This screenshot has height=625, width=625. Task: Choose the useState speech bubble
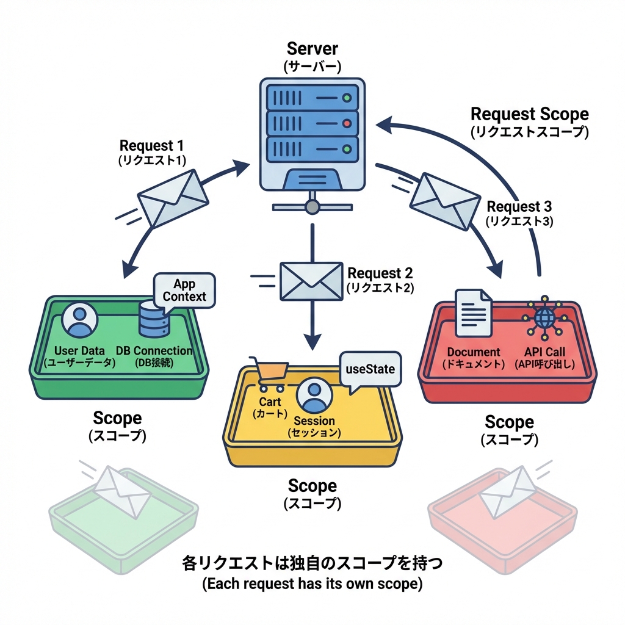[370, 369]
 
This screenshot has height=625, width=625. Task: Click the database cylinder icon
[153, 318]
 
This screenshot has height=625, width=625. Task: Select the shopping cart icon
[269, 374]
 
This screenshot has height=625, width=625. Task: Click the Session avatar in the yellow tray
[314, 396]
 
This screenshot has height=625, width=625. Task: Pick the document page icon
[474, 312]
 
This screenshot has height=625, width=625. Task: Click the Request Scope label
[529, 114]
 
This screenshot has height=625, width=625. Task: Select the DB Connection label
[154, 351]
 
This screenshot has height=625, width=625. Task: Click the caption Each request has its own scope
[312, 583]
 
